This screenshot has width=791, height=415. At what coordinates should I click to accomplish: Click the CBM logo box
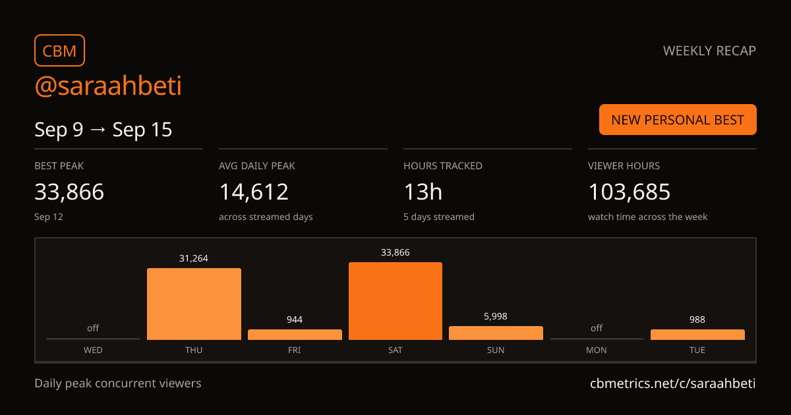click(x=60, y=51)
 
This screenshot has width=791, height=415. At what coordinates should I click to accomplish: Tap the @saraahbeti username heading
click(x=108, y=86)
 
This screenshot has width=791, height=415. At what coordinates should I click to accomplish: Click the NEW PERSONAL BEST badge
click(x=678, y=120)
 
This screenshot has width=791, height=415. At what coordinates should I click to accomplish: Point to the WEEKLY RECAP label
click(x=709, y=51)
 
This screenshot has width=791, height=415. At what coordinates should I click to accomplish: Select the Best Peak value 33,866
click(x=69, y=192)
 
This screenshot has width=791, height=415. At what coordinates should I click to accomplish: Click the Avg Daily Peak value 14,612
click(x=254, y=192)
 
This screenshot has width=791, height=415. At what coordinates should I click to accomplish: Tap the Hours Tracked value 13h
click(x=423, y=192)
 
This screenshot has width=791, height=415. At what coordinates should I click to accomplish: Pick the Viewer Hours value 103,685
click(x=630, y=192)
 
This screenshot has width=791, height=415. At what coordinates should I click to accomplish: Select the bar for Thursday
click(x=194, y=304)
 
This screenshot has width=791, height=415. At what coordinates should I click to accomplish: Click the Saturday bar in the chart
click(x=395, y=301)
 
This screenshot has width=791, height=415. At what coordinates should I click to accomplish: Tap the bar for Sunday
click(x=496, y=333)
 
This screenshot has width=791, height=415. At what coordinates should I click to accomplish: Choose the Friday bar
click(x=295, y=335)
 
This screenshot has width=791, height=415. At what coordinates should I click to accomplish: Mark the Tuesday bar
click(x=697, y=335)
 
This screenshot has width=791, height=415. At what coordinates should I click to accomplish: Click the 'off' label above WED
click(x=93, y=328)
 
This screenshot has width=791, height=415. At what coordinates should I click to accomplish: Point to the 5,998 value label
click(x=496, y=316)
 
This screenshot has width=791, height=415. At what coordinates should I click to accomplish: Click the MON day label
click(x=597, y=350)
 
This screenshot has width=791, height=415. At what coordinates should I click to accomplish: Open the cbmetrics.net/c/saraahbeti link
click(x=673, y=383)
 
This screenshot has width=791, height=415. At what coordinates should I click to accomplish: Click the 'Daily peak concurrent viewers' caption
click(x=118, y=383)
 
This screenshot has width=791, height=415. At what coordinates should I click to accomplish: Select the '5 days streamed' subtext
click(x=439, y=217)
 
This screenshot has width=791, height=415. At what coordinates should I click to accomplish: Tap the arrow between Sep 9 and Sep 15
click(x=98, y=130)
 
